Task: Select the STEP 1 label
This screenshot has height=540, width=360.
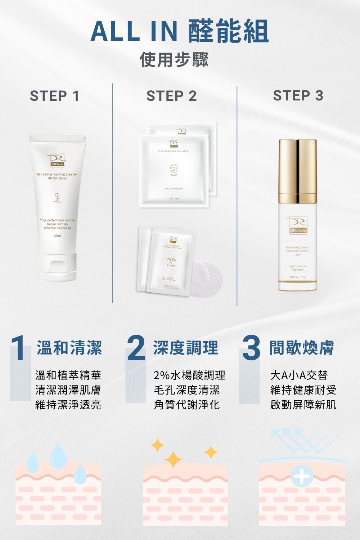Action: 54,96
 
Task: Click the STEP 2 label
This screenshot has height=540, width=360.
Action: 171,96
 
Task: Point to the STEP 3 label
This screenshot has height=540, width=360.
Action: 298,96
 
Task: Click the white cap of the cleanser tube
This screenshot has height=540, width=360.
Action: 58,267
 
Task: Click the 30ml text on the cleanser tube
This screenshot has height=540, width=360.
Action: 57,236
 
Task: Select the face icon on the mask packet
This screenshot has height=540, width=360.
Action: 174,168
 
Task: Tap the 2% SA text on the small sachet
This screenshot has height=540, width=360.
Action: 171,260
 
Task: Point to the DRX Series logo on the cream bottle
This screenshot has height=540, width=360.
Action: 297,225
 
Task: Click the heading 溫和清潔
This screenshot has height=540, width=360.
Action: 69,348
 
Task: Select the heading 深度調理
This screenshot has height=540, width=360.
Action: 185,348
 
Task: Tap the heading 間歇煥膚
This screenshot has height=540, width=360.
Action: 302,348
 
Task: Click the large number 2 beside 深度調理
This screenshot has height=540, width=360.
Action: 136,348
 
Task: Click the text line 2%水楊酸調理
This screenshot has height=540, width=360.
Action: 189,375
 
